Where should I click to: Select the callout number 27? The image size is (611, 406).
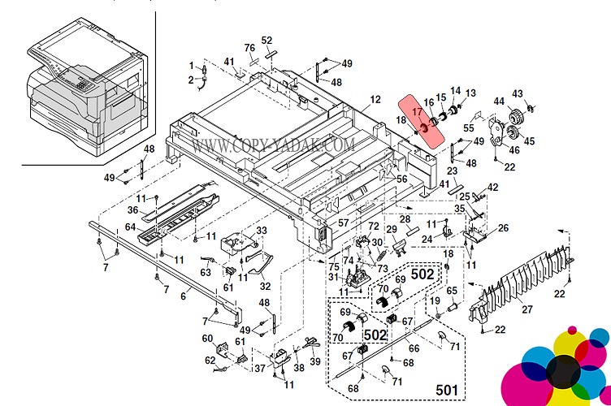(527, 309)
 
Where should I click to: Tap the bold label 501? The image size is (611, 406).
(446, 387)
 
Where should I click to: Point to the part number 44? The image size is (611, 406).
(500, 101)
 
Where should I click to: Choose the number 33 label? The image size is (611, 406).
(262, 231)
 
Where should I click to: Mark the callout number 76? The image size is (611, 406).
(249, 47)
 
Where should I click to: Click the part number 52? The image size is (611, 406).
(266, 41)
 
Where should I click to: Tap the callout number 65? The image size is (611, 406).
(453, 291)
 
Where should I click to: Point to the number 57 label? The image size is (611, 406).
(344, 222)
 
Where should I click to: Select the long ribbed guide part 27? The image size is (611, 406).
(520, 276)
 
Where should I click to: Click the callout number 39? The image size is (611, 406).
(315, 361)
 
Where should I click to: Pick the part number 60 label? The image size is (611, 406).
(208, 339)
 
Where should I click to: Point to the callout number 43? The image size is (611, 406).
(518, 93)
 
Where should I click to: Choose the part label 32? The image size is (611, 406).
(266, 286)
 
